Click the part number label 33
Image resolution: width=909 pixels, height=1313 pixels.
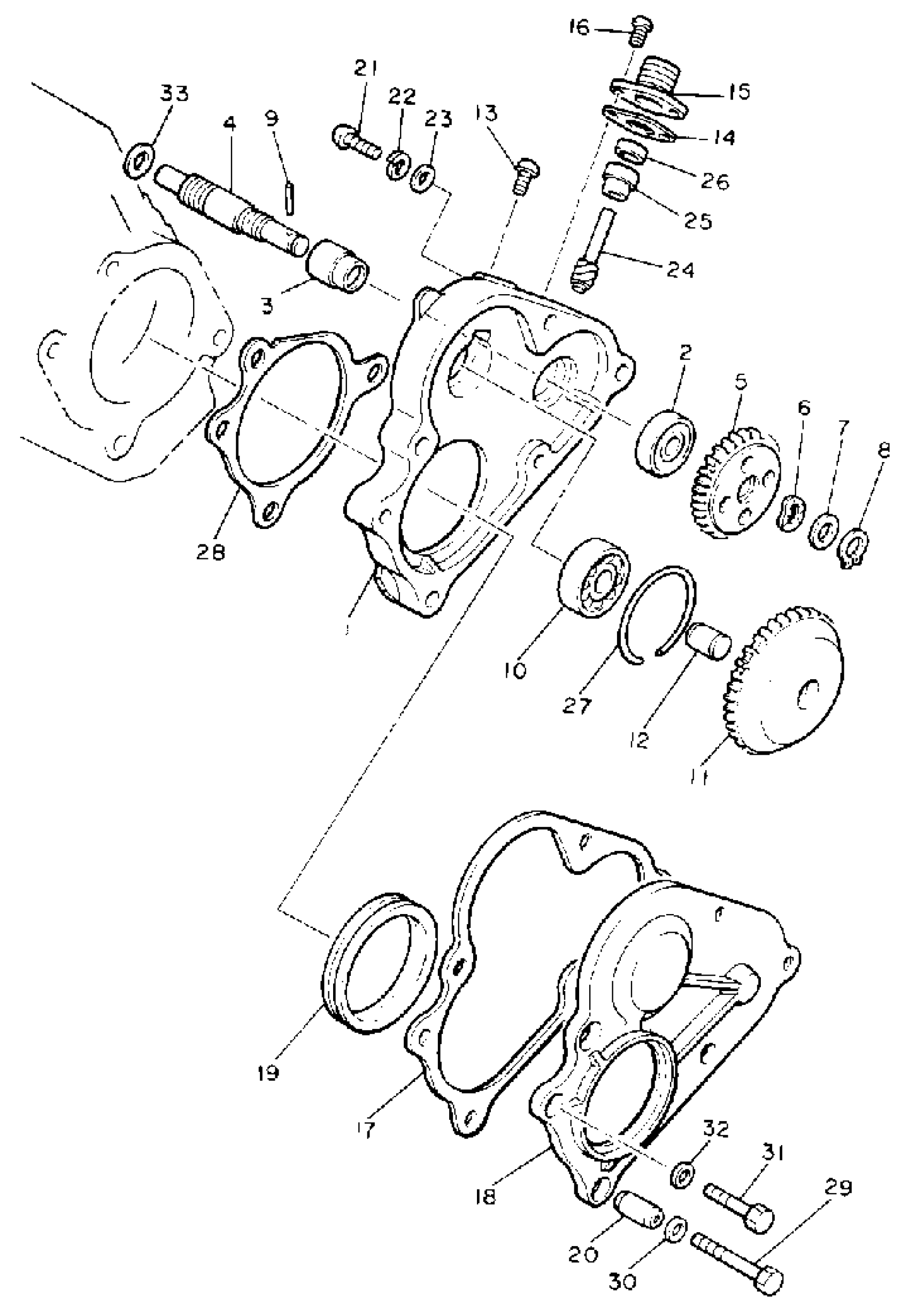click(174, 94)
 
